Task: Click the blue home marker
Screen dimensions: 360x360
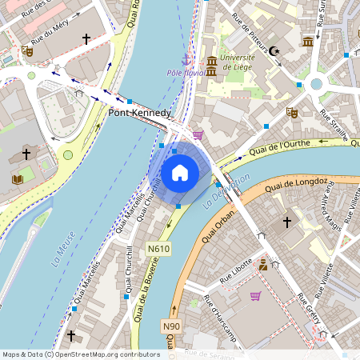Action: coord(180,172)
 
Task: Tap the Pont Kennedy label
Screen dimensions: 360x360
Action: coord(139,114)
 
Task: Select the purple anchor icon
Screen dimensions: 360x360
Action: coord(187,59)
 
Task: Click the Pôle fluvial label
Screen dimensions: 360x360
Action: coord(186,73)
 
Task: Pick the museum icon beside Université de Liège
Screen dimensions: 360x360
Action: coord(212,62)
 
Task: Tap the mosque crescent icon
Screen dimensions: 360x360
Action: coord(275,50)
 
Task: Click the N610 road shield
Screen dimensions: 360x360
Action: coord(159,250)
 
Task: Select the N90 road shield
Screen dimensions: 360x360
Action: coord(171,326)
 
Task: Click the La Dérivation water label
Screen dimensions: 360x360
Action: coord(233,188)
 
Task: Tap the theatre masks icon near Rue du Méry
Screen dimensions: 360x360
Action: coord(27,50)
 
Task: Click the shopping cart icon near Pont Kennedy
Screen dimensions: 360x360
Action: coord(198,135)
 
